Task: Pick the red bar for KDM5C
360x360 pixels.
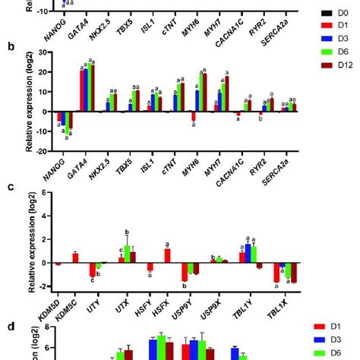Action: click(x=75, y=258)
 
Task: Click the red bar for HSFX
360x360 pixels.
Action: click(x=167, y=256)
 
